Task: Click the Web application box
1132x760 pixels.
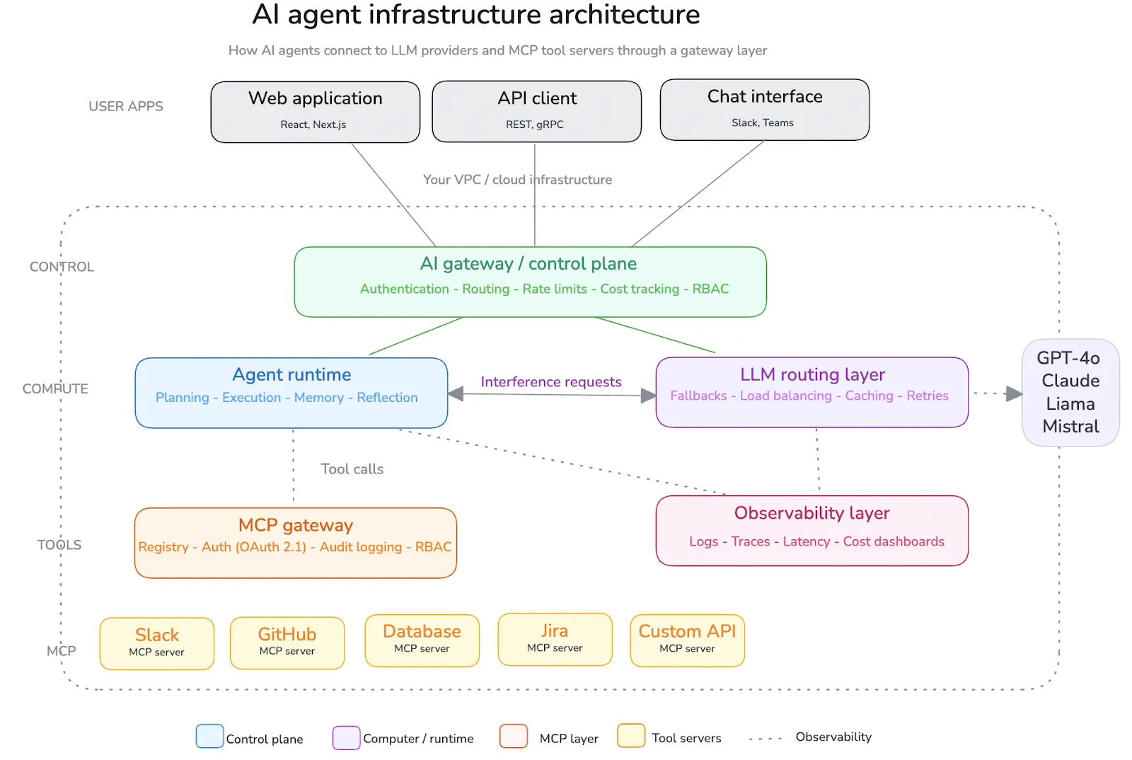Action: coord(315,112)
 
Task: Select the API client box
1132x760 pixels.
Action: coord(536,111)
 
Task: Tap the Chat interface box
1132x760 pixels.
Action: coord(764,110)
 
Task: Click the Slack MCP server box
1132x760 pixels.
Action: coord(156,643)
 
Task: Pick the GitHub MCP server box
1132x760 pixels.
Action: coord(287,643)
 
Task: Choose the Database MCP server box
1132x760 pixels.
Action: coord(422,640)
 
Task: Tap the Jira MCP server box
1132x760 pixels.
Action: coord(555,639)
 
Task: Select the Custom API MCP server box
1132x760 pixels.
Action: coord(687,640)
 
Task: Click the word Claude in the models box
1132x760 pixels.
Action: coord(1070,381)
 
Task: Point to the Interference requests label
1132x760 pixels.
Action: coord(550,382)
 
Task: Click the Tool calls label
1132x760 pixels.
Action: coord(352,469)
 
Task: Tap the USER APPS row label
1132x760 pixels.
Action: coord(126,107)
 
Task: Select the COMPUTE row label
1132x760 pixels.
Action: coord(55,388)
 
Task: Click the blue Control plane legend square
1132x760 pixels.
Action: coord(209,736)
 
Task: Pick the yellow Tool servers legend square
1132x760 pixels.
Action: coord(630,735)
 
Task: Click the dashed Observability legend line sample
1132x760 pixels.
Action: coord(765,739)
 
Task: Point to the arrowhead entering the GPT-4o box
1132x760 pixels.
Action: coord(1014,393)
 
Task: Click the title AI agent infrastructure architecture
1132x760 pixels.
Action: coord(475,15)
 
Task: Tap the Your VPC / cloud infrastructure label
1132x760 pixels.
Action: coord(517,180)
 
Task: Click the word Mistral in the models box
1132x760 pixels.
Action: coord(1070,427)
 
